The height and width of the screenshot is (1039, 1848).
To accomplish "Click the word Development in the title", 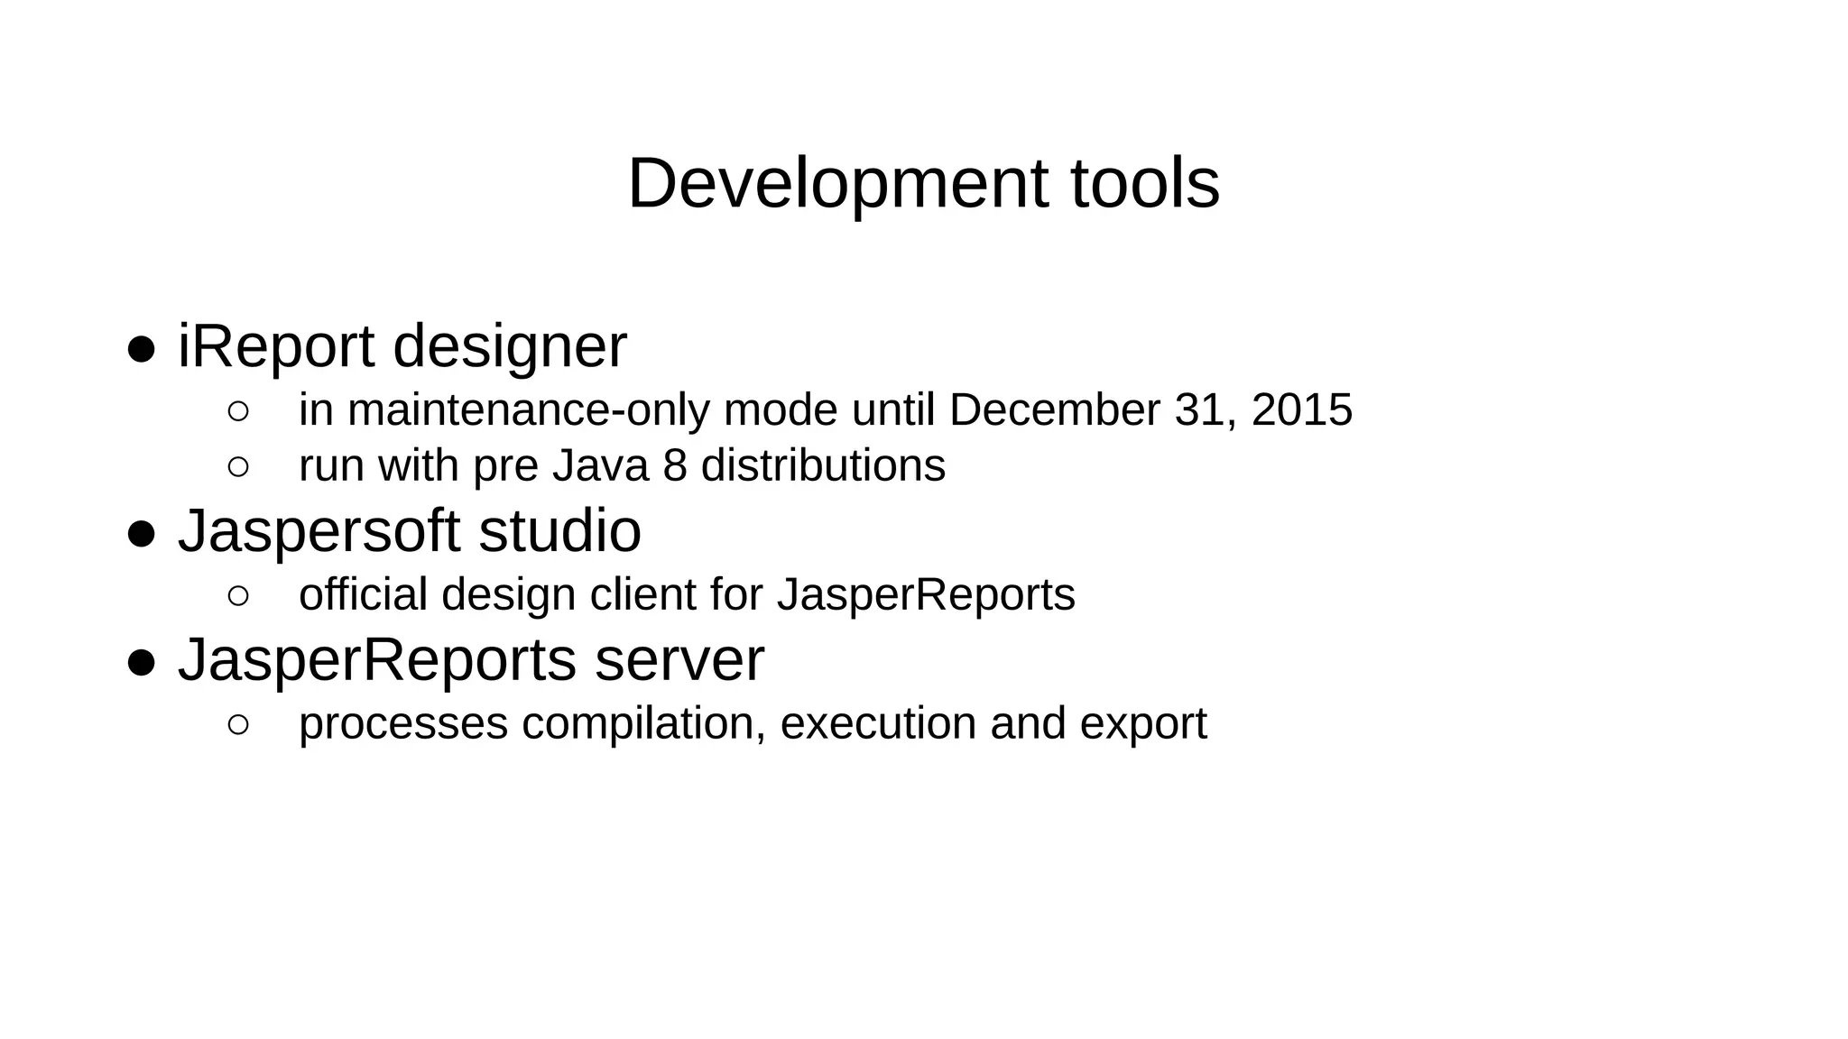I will (837, 184).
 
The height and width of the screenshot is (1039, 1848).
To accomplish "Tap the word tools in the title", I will (1145, 184).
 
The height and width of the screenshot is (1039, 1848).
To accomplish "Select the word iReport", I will (276, 346).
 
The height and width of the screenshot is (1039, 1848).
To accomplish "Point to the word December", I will (1054, 410).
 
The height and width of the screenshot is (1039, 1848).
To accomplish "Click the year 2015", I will (1302, 410).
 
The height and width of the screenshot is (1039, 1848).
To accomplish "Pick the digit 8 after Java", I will (675, 466).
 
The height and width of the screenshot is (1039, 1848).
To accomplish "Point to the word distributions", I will (823, 466).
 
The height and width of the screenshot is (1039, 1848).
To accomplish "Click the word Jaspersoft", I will (319, 532).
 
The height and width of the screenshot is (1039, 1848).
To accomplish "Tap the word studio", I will (559, 530).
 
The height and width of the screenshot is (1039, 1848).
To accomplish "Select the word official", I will (363, 595).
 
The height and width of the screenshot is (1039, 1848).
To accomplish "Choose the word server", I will (679, 660).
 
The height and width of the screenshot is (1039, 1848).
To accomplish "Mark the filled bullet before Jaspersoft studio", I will (142, 533).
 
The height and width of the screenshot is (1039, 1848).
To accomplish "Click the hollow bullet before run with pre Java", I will (238, 467).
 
